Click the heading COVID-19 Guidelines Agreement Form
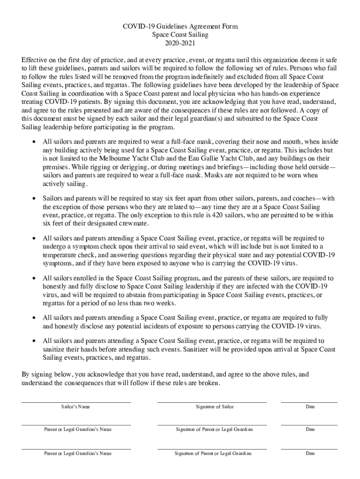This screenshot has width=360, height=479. point(180,27)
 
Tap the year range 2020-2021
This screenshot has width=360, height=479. point(180,43)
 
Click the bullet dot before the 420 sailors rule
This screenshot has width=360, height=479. point(33,199)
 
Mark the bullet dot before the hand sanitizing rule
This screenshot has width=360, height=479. point(33,341)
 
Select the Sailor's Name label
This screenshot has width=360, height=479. point(76,407)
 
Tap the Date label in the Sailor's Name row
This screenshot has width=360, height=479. point(310,407)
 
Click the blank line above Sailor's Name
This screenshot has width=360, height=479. point(76,402)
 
